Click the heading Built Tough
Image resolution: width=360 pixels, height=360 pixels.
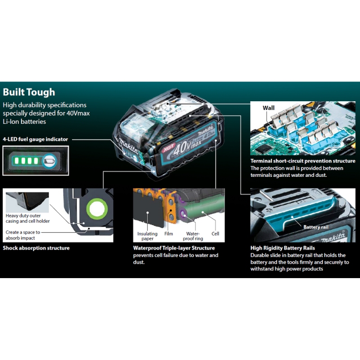(x=29, y=92)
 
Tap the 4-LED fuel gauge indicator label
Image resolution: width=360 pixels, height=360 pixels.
(x=35, y=139)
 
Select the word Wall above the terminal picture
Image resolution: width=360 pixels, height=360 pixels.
(x=269, y=108)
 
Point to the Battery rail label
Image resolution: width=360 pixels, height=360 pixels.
(x=318, y=227)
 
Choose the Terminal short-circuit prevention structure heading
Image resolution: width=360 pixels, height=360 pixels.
(x=303, y=161)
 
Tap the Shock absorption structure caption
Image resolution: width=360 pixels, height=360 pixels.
(x=36, y=248)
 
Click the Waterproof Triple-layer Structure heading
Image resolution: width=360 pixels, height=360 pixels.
(x=174, y=248)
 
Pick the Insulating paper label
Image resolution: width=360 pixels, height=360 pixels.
(x=147, y=236)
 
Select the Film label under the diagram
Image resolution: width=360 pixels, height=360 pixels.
(x=168, y=234)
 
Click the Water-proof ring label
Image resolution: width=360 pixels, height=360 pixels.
(x=193, y=236)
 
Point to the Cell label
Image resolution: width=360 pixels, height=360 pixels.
(x=215, y=234)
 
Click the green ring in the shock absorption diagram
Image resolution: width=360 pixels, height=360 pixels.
(x=96, y=208)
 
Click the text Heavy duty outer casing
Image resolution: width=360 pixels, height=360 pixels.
(x=27, y=218)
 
